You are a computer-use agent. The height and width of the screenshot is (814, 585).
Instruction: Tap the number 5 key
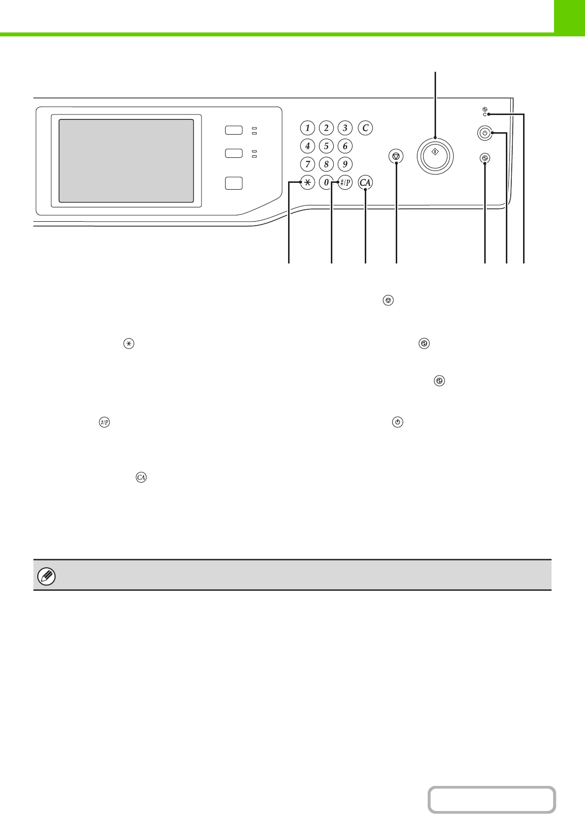pos(326,146)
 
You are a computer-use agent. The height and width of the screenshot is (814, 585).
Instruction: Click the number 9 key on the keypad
pos(345,164)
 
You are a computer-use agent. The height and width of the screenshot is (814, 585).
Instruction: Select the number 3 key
pos(345,128)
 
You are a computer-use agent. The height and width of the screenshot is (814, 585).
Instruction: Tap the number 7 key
pos(307,164)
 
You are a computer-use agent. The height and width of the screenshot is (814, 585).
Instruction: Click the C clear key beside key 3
pos(365,128)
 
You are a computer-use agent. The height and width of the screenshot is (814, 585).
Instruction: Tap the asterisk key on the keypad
pos(307,183)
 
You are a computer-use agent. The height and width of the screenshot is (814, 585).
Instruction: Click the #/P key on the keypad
pos(345,183)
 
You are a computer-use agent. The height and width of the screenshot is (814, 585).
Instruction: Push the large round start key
pos(435,156)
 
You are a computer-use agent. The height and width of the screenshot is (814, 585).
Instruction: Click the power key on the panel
pos(485,133)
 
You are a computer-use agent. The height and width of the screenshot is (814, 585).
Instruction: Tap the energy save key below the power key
pos(485,158)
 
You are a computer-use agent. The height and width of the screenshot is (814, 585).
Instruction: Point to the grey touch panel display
pos(126,160)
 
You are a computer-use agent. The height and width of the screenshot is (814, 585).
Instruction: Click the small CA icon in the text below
pos(142,477)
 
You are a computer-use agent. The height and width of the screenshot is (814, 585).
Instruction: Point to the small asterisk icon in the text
pos(128,344)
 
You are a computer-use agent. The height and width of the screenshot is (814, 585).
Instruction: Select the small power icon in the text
pos(398,422)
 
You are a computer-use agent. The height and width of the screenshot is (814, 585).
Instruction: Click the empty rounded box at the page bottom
pos(491,800)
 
